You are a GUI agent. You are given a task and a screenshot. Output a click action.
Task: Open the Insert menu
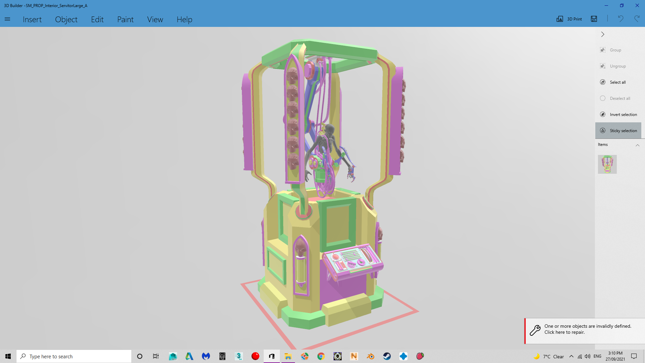point(32,19)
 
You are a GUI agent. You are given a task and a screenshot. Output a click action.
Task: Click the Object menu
point(66,19)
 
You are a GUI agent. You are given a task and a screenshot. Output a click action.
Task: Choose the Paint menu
point(125,19)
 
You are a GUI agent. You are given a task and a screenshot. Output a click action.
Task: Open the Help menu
point(184,19)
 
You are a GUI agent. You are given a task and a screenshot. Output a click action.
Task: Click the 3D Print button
point(569,19)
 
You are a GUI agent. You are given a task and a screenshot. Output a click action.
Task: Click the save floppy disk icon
point(594,19)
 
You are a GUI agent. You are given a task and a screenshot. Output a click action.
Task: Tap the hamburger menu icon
point(7,19)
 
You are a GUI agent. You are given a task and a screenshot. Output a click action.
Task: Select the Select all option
point(618,82)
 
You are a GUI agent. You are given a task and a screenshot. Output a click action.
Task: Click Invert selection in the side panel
point(623,115)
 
